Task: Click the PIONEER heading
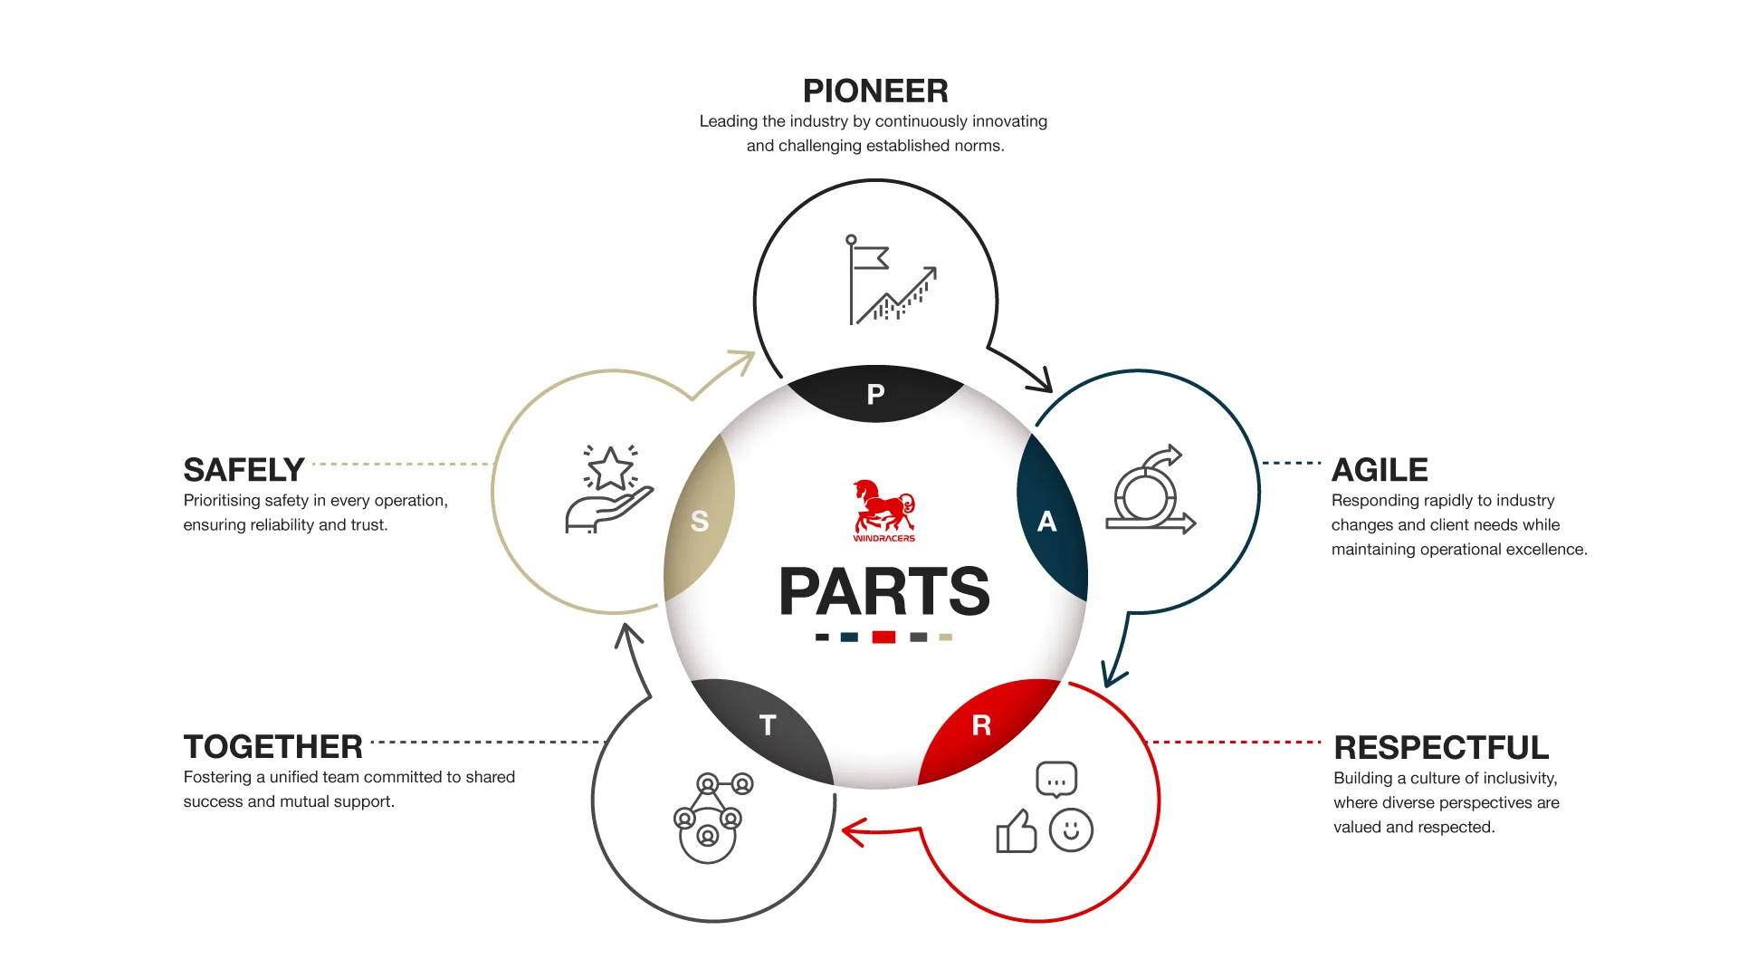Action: [x=875, y=91]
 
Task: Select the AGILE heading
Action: [x=1380, y=470]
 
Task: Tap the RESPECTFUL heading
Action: [x=1441, y=747]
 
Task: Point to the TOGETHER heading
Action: [x=272, y=747]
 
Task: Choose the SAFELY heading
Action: [x=244, y=470]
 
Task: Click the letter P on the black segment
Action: [x=875, y=395]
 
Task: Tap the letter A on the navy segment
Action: [x=1046, y=522]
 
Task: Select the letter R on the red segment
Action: [x=981, y=725]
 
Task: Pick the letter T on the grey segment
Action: [x=768, y=725]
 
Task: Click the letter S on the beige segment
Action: [x=699, y=522]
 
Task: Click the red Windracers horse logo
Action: [x=883, y=509]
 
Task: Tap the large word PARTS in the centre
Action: [x=883, y=592]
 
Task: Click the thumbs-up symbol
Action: [x=1017, y=831]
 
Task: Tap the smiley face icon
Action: [x=1071, y=830]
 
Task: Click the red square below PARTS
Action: [x=883, y=638]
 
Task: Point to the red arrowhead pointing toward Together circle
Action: [x=852, y=831]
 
